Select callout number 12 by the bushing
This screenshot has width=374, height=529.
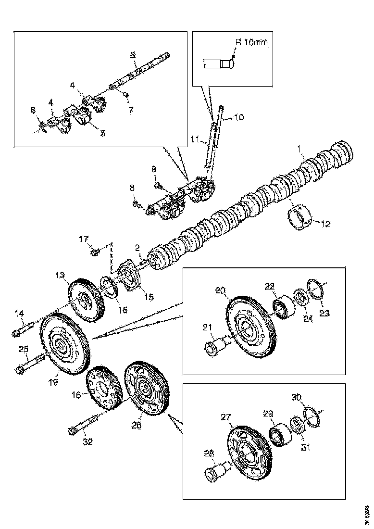coord(326,223)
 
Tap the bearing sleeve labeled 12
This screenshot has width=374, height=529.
coord(299,217)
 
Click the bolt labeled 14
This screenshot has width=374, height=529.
coord(24,331)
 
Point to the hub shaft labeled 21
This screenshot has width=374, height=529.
coord(213,346)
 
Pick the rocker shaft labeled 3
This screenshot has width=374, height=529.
coord(139,73)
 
